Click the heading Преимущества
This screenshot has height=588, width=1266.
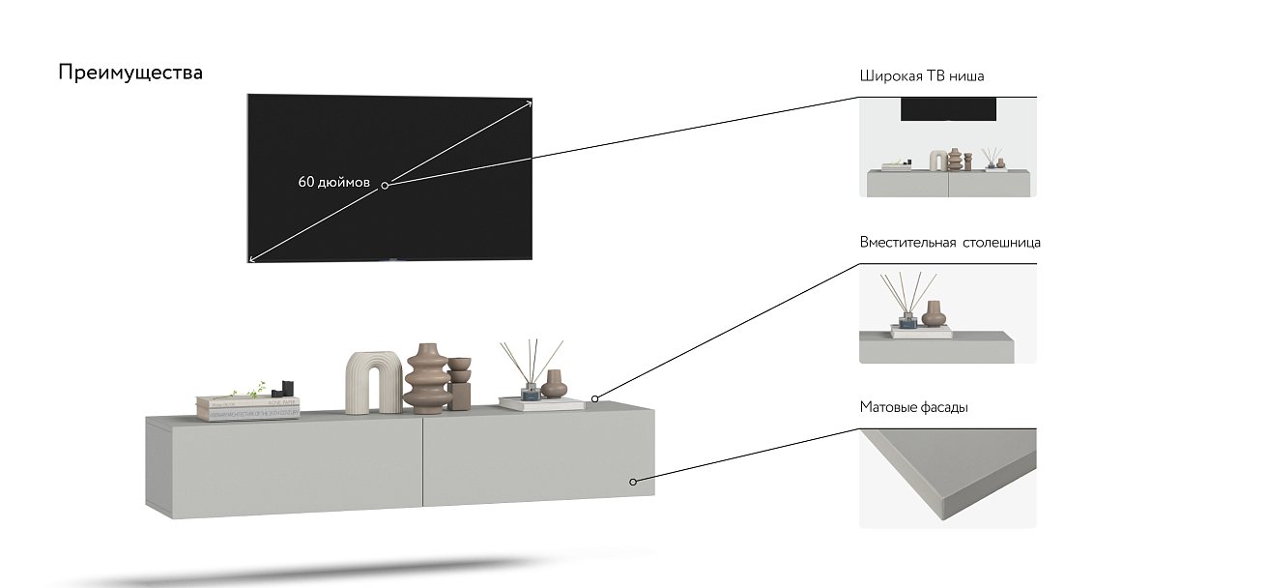click(130, 73)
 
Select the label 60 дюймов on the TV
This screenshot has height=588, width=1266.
click(333, 182)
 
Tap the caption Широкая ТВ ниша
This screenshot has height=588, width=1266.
click(922, 76)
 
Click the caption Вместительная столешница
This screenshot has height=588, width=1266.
click(950, 243)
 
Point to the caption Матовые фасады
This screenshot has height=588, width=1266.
click(913, 408)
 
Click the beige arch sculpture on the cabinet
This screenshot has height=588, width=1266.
click(373, 382)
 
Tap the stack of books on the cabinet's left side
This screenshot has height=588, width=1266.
click(247, 408)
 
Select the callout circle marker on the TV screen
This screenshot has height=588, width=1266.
click(385, 185)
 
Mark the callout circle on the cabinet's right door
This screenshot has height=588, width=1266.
click(634, 481)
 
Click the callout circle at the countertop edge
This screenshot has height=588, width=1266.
click(595, 398)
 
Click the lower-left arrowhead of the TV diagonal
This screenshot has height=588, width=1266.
click(252, 258)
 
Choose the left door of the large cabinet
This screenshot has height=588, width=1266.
click(284, 463)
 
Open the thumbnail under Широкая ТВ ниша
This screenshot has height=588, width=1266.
click(947, 147)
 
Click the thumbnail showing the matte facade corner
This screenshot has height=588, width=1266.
click(947, 479)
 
